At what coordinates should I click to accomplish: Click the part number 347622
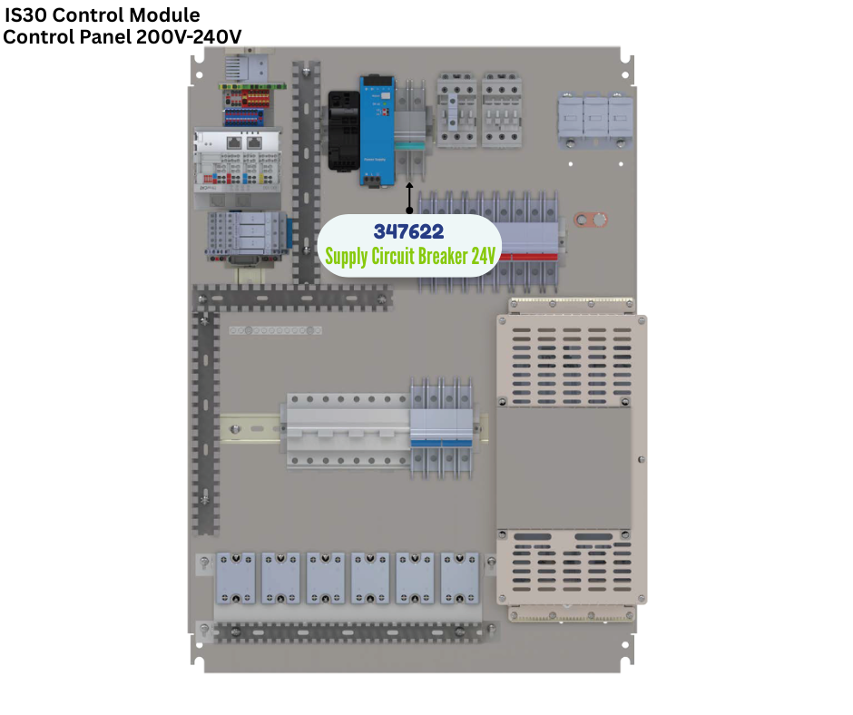click(408, 232)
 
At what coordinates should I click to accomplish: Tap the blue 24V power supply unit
click(377, 131)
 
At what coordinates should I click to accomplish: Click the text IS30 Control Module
click(103, 15)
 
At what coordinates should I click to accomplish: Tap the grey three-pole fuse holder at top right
click(594, 118)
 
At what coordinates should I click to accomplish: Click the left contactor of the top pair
click(456, 110)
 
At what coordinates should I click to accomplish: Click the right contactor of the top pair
click(500, 110)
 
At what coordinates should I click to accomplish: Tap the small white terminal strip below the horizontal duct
click(275, 331)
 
